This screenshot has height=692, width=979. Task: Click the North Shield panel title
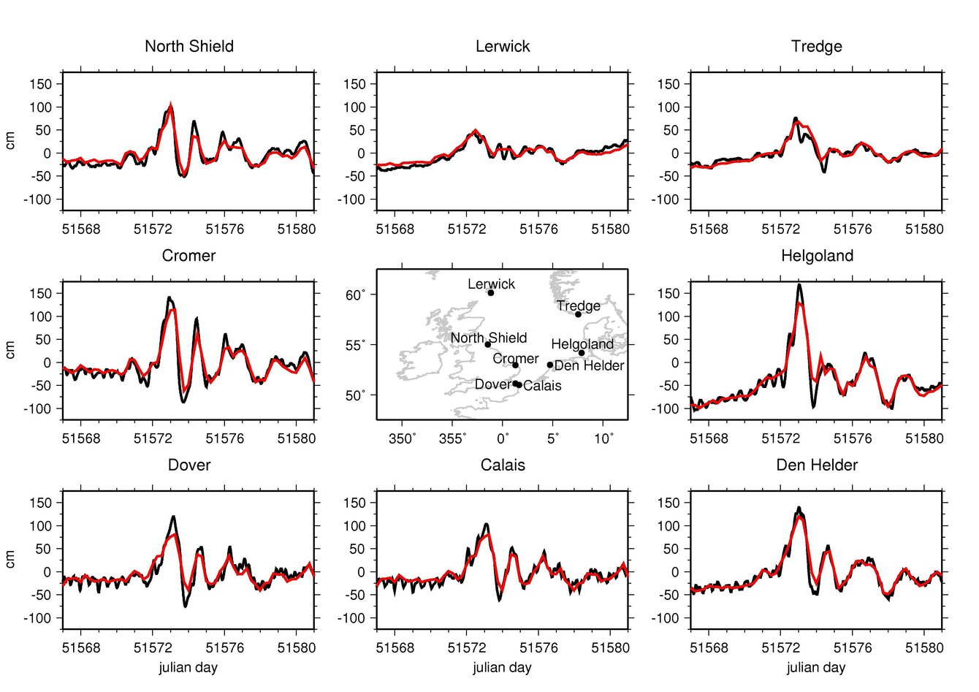(x=189, y=46)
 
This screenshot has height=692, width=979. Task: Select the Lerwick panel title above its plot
(x=503, y=46)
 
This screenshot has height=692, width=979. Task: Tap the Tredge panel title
(x=816, y=46)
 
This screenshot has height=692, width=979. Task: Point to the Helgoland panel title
(x=817, y=256)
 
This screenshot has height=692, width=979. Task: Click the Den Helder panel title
(x=817, y=465)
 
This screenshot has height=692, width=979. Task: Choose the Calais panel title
(x=503, y=465)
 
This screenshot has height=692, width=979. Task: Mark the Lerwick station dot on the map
(x=491, y=293)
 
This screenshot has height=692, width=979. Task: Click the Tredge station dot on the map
(x=578, y=314)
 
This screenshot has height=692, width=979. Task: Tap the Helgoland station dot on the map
(x=582, y=353)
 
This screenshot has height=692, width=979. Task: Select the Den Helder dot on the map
(x=550, y=365)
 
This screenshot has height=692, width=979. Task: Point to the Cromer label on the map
(x=515, y=359)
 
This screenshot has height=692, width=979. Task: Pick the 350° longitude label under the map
(x=402, y=438)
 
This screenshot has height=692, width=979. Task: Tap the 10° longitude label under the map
(x=603, y=438)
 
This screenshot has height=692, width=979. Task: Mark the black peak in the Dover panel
(x=174, y=517)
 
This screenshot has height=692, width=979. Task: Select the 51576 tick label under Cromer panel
(x=224, y=438)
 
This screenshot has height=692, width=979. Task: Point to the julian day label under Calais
(x=502, y=667)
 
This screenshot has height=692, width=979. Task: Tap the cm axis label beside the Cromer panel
(x=10, y=350)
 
